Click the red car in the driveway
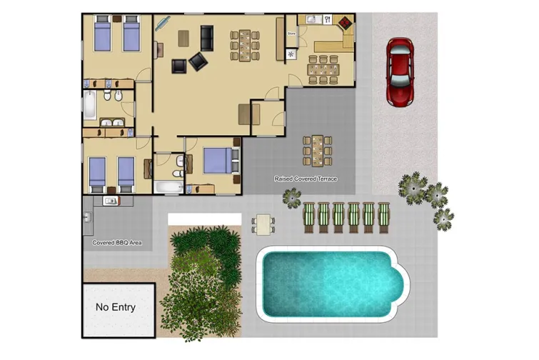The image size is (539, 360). tap(401, 72)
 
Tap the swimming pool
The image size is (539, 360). tap(329, 283)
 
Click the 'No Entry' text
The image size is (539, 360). tap(116, 308)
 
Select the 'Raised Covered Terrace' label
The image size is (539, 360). tap(306, 179)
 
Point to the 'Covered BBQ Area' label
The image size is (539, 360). tap(117, 243)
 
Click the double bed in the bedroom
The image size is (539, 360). tap(217, 160)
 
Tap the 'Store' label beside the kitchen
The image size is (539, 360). tap(291, 33)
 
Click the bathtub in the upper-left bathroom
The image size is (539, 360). tap(89, 105)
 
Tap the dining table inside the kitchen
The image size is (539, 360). tap(323, 69)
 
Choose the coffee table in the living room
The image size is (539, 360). tap(183, 37)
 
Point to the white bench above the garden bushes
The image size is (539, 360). tap(204, 219)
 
